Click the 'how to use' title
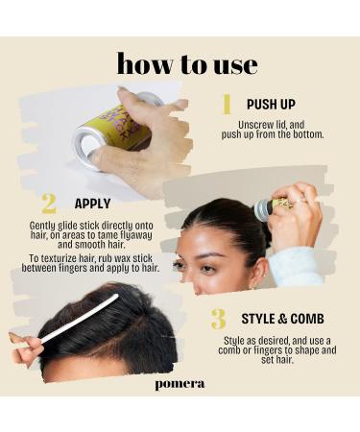click(186, 63)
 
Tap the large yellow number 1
click(227, 105)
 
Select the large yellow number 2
click(48, 204)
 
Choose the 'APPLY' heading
click(93, 204)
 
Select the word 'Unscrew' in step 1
click(255, 125)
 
